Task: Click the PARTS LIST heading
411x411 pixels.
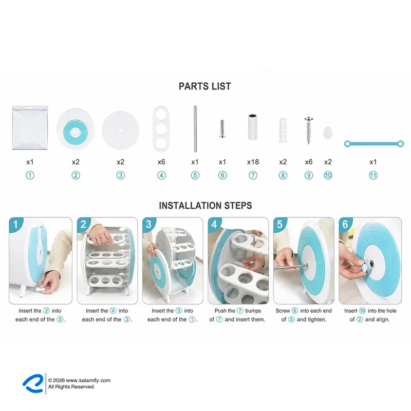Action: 204,86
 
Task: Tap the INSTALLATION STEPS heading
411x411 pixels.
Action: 206,206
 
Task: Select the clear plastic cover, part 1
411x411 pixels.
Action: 30,127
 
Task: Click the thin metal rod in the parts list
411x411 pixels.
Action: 195,129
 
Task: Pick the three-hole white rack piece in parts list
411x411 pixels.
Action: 161,129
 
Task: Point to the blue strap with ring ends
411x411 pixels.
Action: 374,144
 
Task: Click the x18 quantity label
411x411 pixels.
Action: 253,162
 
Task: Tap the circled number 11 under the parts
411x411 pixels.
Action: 373,175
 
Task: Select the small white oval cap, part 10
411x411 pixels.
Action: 328,133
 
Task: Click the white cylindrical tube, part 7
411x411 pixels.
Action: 252,127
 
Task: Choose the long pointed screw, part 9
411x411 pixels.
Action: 309,130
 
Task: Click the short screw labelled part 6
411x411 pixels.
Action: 222,129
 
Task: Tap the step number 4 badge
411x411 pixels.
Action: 214,225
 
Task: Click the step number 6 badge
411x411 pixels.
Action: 345,225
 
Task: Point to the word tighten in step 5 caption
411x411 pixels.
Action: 311,320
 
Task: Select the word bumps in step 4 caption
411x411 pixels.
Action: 253,311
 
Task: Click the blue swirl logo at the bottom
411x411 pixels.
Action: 33,383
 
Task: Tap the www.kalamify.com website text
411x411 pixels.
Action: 88,380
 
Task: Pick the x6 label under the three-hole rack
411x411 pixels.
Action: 161,162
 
